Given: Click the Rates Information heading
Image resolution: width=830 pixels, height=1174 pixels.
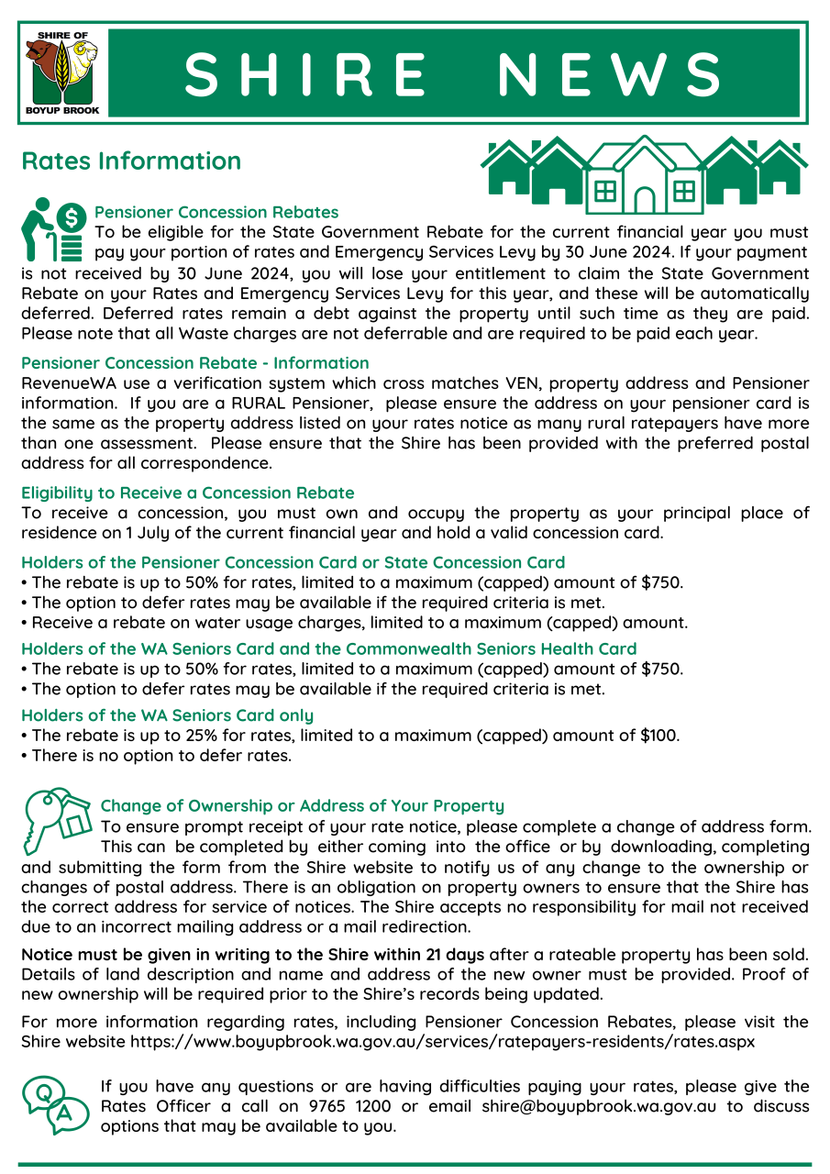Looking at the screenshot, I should [131, 161].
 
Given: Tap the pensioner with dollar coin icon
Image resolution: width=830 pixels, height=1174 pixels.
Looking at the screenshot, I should [53, 229].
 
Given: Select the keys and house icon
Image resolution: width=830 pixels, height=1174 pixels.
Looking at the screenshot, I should [55, 818].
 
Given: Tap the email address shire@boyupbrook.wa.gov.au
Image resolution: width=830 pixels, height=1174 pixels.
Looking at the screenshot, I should [599, 1106].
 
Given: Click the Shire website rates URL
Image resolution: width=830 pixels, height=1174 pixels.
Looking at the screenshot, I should [443, 1042].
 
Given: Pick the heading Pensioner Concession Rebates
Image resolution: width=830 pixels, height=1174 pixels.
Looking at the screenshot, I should [216, 213].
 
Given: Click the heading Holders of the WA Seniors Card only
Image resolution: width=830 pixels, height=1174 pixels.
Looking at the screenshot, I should [167, 714].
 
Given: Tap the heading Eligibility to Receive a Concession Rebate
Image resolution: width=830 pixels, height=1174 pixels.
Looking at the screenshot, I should [187, 493].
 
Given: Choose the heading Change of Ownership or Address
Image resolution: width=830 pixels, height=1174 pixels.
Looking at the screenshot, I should [302, 806].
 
